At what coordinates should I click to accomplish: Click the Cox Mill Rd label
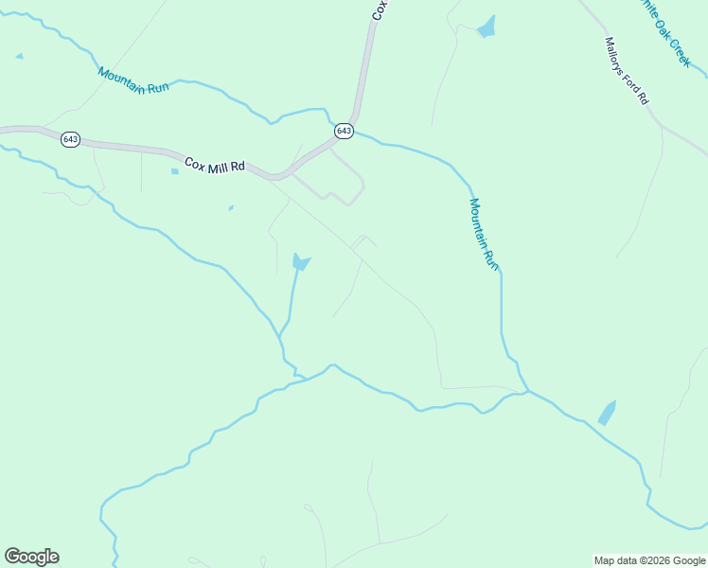(215, 165)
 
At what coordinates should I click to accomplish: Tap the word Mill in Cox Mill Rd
(217, 165)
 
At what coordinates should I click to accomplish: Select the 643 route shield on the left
(70, 139)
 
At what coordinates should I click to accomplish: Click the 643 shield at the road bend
(344, 131)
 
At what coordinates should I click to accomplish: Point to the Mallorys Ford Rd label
(627, 70)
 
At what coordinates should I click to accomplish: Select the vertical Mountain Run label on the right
(483, 234)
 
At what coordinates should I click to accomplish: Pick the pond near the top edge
(487, 27)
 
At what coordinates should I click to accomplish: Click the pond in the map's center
(300, 261)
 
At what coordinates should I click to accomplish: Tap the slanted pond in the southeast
(607, 413)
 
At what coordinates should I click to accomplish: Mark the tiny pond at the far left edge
(19, 57)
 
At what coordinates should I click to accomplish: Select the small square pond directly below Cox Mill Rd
(174, 171)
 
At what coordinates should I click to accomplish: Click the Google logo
(31, 557)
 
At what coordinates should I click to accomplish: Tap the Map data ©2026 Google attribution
(650, 560)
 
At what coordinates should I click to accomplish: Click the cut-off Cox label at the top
(379, 9)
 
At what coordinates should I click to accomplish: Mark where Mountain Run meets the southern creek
(527, 390)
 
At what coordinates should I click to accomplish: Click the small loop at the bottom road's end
(309, 508)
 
